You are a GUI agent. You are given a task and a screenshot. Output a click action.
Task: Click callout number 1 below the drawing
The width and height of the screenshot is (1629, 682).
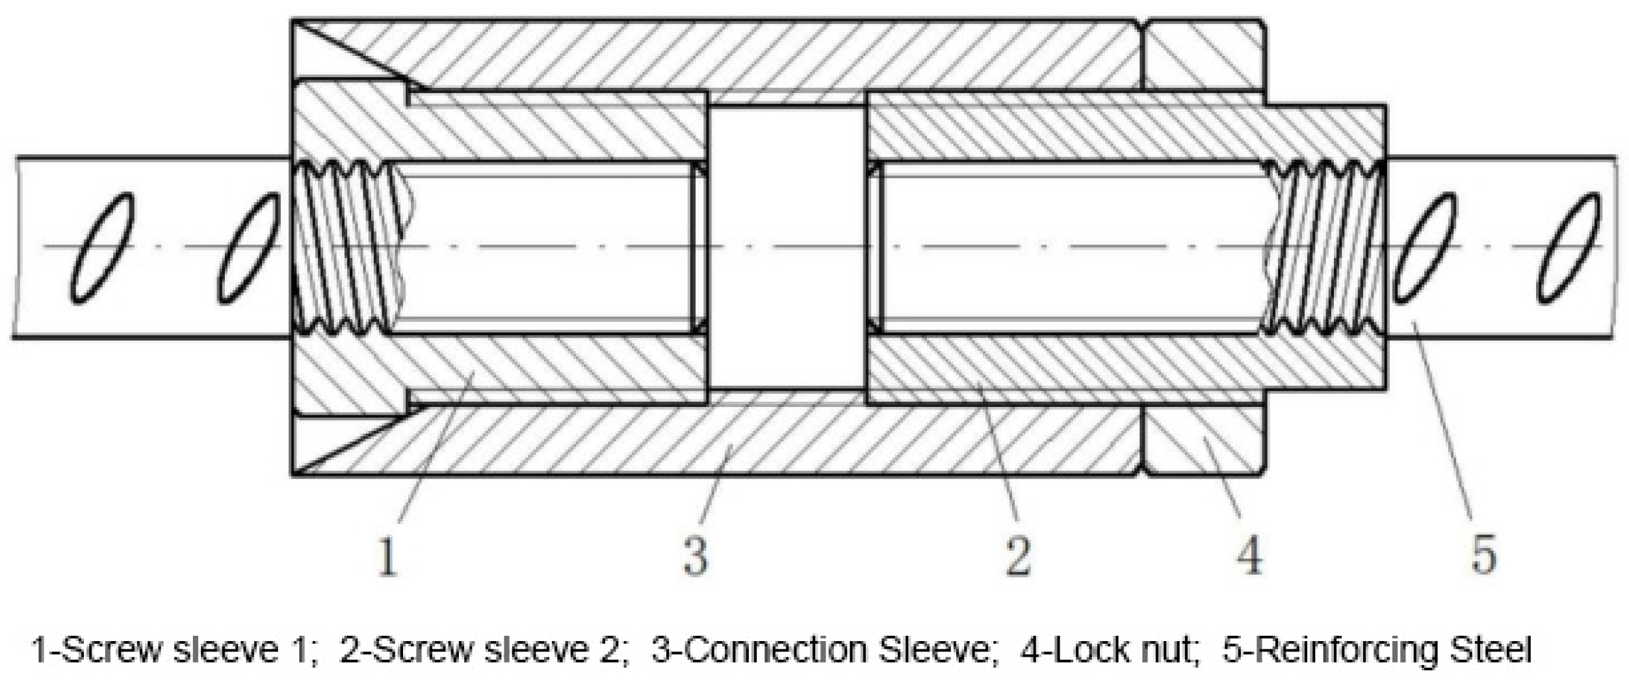tap(388, 557)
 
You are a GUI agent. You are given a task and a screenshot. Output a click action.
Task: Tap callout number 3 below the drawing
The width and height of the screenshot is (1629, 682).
tap(696, 557)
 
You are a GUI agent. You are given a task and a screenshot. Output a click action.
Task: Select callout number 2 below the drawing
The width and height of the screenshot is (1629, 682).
tap(1018, 557)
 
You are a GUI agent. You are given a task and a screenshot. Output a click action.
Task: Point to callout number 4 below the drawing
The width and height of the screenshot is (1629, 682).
tap(1249, 557)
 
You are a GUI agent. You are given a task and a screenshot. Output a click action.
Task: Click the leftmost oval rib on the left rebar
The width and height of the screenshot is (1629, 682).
tap(103, 248)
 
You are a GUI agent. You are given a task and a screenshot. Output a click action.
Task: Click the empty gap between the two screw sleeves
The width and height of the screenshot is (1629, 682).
tap(787, 248)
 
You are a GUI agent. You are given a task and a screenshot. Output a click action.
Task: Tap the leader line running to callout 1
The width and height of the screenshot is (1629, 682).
tap(436, 449)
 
